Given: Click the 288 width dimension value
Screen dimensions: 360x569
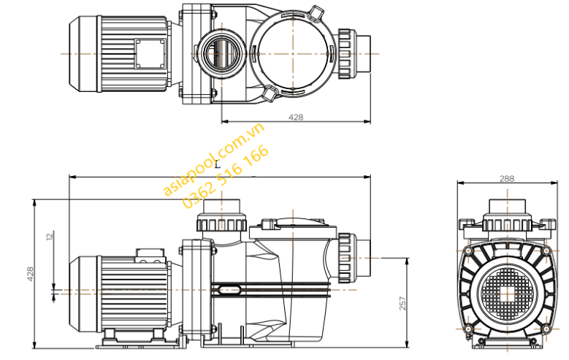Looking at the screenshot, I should point(507,178).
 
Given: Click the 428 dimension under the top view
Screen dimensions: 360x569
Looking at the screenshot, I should point(295,117).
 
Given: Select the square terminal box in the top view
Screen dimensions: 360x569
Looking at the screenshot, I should point(150,53).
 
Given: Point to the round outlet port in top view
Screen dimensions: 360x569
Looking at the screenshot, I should point(217,53).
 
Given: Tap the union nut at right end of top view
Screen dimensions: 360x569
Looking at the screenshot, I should point(348,53).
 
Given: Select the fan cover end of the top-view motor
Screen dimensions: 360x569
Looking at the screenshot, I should point(83,53).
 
